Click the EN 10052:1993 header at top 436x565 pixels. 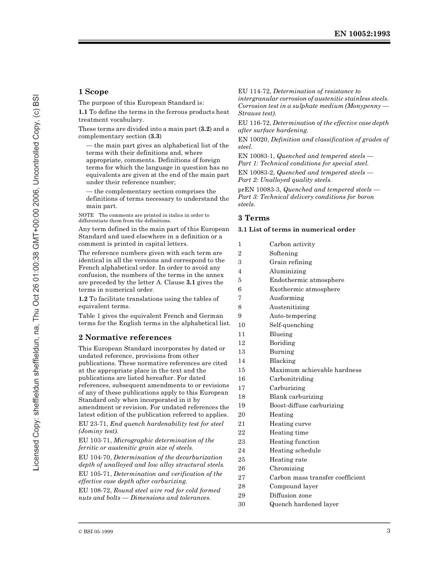pyautogui.click(x=362, y=34)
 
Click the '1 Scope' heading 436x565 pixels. pyautogui.click(x=93, y=92)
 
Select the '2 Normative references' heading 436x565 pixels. pyautogui.click(x=125, y=337)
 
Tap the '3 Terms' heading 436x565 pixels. pyautogui.click(x=254, y=218)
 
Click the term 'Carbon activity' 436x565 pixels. pyautogui.click(x=292, y=244)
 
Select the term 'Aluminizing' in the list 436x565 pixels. pyautogui.click(x=287, y=271)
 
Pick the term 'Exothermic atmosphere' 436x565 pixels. pyautogui.click(x=305, y=289)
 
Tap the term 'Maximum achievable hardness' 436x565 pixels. pyautogui.click(x=315, y=370)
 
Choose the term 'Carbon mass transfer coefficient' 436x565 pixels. pyautogui.click(x=317, y=477)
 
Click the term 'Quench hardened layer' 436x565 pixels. pyautogui.click(x=304, y=504)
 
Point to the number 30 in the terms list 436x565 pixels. pyautogui.click(x=241, y=504)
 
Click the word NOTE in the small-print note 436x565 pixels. pyautogui.click(x=86, y=215)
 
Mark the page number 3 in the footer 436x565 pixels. pyautogui.click(x=388, y=531)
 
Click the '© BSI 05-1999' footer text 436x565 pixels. pyautogui.click(x=96, y=532)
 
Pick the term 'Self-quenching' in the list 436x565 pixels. pyautogui.click(x=291, y=325)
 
